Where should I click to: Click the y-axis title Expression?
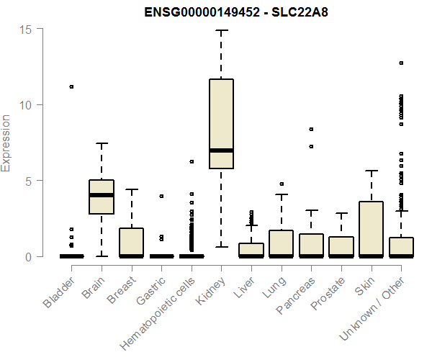tap(6, 143)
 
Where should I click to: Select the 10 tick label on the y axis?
tap(27, 104)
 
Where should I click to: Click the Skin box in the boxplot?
tap(371, 228)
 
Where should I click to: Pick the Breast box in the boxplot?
tap(132, 242)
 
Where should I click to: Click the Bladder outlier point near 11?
tap(71, 86)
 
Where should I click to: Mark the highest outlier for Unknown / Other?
tap(401, 63)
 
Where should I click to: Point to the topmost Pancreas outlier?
tap(311, 130)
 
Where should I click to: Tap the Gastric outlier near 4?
tap(161, 196)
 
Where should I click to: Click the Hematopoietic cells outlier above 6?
tap(192, 161)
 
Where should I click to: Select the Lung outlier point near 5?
tap(282, 184)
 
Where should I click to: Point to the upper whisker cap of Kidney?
tap(221, 30)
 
